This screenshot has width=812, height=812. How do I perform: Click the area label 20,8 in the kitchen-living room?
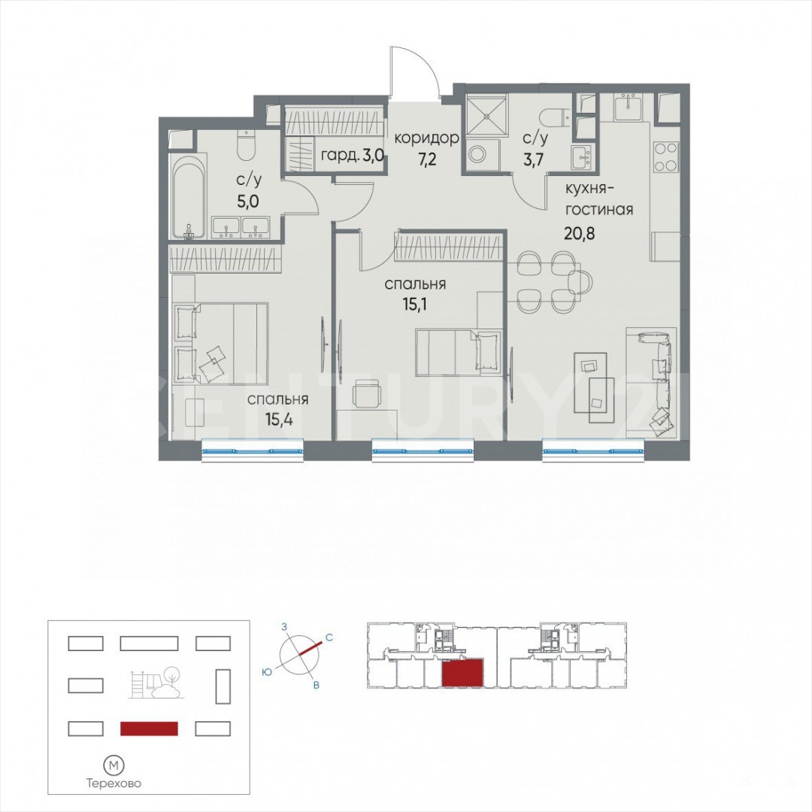(x=580, y=234)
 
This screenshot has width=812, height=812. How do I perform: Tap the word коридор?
(x=427, y=138)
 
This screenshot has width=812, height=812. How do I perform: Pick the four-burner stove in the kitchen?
(x=665, y=157)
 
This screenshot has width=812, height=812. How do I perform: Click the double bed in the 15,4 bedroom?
(x=220, y=344)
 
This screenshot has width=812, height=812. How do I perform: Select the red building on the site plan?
(x=149, y=729)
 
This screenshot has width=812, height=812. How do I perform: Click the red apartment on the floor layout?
(x=463, y=673)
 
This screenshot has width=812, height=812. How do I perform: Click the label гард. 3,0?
(x=352, y=156)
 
